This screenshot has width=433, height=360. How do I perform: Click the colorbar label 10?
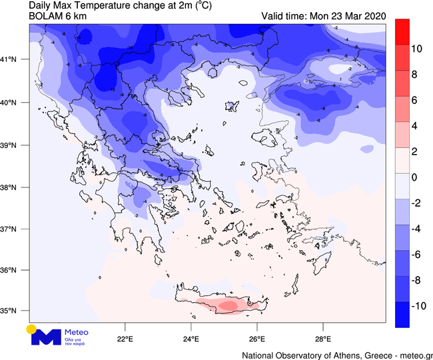[418, 49]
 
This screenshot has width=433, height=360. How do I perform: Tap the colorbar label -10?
[419, 305]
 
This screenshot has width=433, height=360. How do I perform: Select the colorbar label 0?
[414, 177]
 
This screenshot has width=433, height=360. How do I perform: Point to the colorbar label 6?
[414, 100]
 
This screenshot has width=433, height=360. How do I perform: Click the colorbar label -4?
[416, 229]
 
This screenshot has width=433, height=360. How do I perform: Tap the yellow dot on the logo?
[31, 329]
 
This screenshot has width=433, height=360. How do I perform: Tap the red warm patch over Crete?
[225, 305]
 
